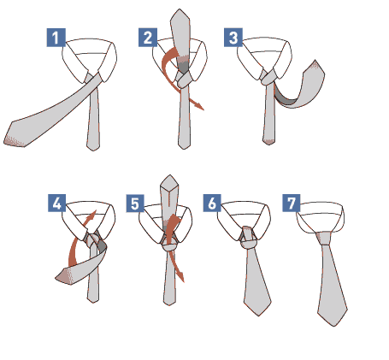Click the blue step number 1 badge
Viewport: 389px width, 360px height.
click(56, 38)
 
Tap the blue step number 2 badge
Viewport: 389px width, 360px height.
click(148, 38)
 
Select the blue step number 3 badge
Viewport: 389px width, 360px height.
click(233, 38)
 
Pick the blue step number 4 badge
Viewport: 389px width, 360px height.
click(57, 203)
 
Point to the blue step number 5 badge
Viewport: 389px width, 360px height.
click(135, 204)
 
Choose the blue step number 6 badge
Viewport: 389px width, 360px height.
click(212, 203)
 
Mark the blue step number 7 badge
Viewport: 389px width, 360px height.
click(292, 203)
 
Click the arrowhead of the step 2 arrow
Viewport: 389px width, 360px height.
click(199, 106)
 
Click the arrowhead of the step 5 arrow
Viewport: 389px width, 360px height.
click(180, 276)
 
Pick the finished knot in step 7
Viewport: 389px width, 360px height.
click(323, 239)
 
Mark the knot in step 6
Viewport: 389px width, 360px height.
click(249, 238)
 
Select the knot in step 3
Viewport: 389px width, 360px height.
click(268, 77)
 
